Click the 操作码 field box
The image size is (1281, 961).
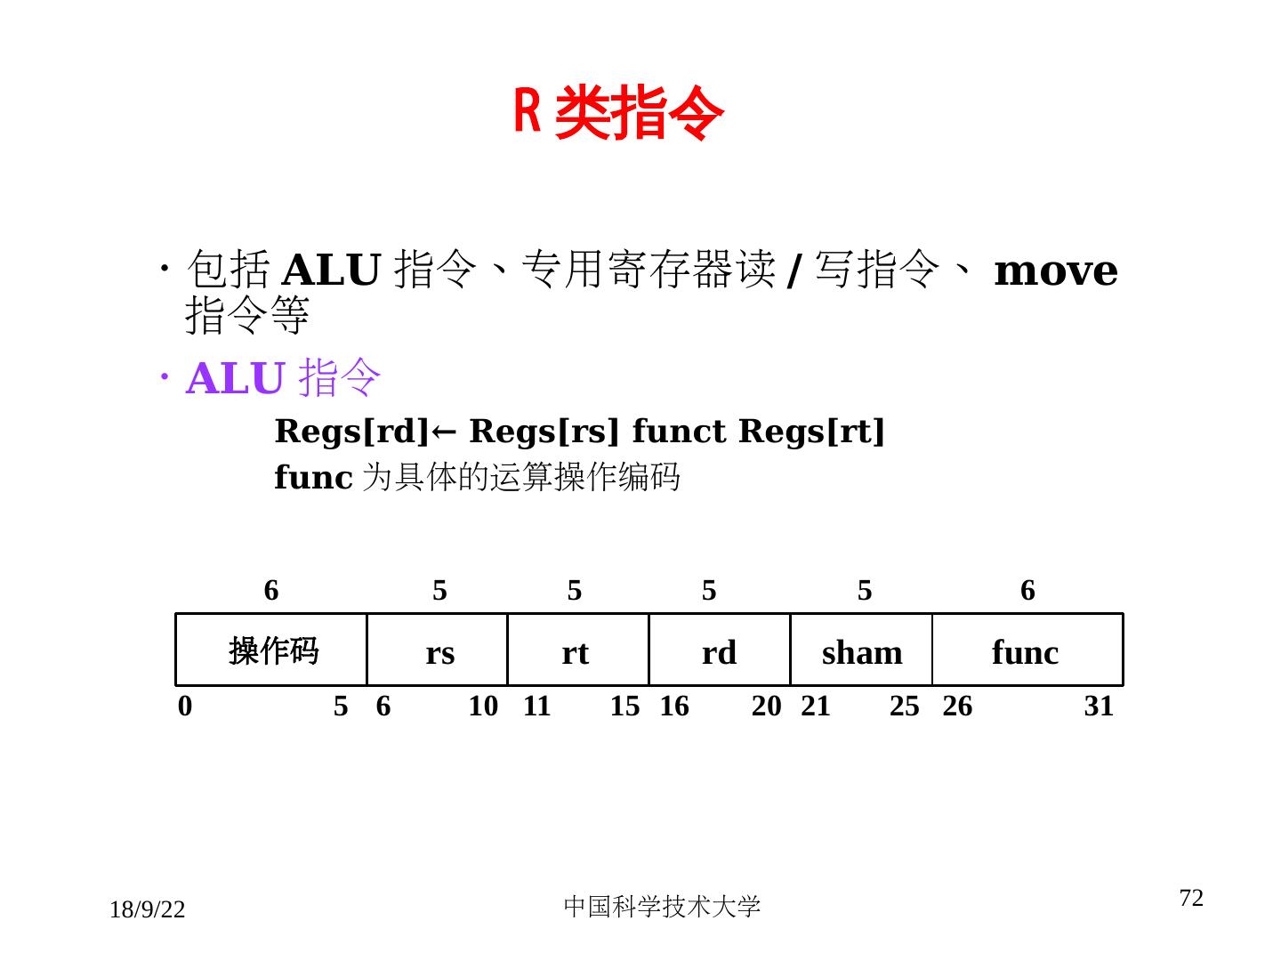tap(272, 650)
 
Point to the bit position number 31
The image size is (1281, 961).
tap(1099, 706)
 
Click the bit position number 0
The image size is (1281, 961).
tap(185, 706)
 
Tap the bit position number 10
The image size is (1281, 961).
tap(483, 706)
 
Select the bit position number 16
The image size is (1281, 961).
tap(674, 706)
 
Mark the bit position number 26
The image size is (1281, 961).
tap(957, 706)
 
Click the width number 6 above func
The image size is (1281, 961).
tap(1027, 590)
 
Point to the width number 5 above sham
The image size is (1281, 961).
tap(865, 590)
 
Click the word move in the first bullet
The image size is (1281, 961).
tap(1055, 271)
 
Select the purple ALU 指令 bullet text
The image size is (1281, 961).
tap(283, 378)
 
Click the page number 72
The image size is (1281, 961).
tap(1191, 898)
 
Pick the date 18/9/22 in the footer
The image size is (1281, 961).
tap(148, 909)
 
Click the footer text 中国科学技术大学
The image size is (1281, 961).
tap(662, 906)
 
